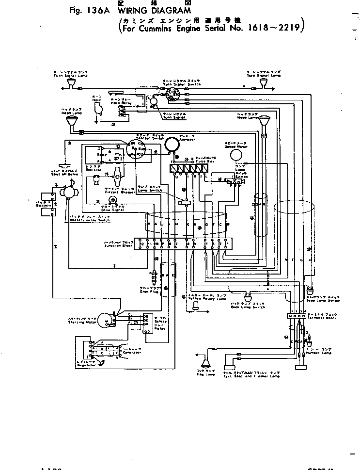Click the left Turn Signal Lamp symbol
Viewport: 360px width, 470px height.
(x=72, y=86)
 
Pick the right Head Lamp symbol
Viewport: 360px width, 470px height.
(x=264, y=121)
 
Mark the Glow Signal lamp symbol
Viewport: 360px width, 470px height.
(x=112, y=200)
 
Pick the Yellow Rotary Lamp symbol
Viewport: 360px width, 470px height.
(x=195, y=304)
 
